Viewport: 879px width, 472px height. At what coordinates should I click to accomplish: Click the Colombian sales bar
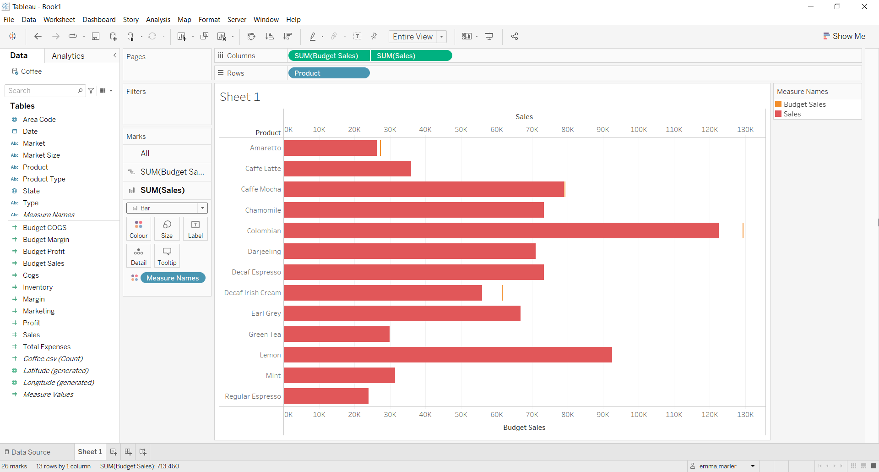[501, 231]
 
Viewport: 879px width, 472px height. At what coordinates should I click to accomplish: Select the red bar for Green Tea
[336, 334]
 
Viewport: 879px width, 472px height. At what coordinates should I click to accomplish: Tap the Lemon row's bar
[448, 355]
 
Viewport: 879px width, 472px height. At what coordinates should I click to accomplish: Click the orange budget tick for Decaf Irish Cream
[502, 293]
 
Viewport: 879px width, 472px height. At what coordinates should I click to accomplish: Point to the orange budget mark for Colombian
[743, 231]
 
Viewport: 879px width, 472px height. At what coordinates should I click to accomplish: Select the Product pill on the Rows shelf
[328, 73]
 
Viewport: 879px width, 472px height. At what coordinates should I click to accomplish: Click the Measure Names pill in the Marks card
[173, 278]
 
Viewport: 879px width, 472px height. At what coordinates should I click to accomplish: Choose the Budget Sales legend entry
[804, 104]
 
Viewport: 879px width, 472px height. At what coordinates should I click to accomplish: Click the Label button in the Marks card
[195, 229]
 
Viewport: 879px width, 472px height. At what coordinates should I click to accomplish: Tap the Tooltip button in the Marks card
[167, 256]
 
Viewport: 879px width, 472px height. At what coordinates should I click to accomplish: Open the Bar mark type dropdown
[167, 208]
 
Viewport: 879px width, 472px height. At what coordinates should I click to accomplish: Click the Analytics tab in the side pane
[68, 56]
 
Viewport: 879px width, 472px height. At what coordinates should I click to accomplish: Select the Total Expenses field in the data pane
[47, 346]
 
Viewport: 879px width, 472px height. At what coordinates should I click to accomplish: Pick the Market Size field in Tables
[41, 155]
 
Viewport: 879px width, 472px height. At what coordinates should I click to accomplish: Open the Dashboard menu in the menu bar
[99, 19]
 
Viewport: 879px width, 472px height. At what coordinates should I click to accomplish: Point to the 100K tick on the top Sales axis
[639, 130]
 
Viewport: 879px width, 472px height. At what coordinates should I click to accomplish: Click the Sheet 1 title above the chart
[240, 97]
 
